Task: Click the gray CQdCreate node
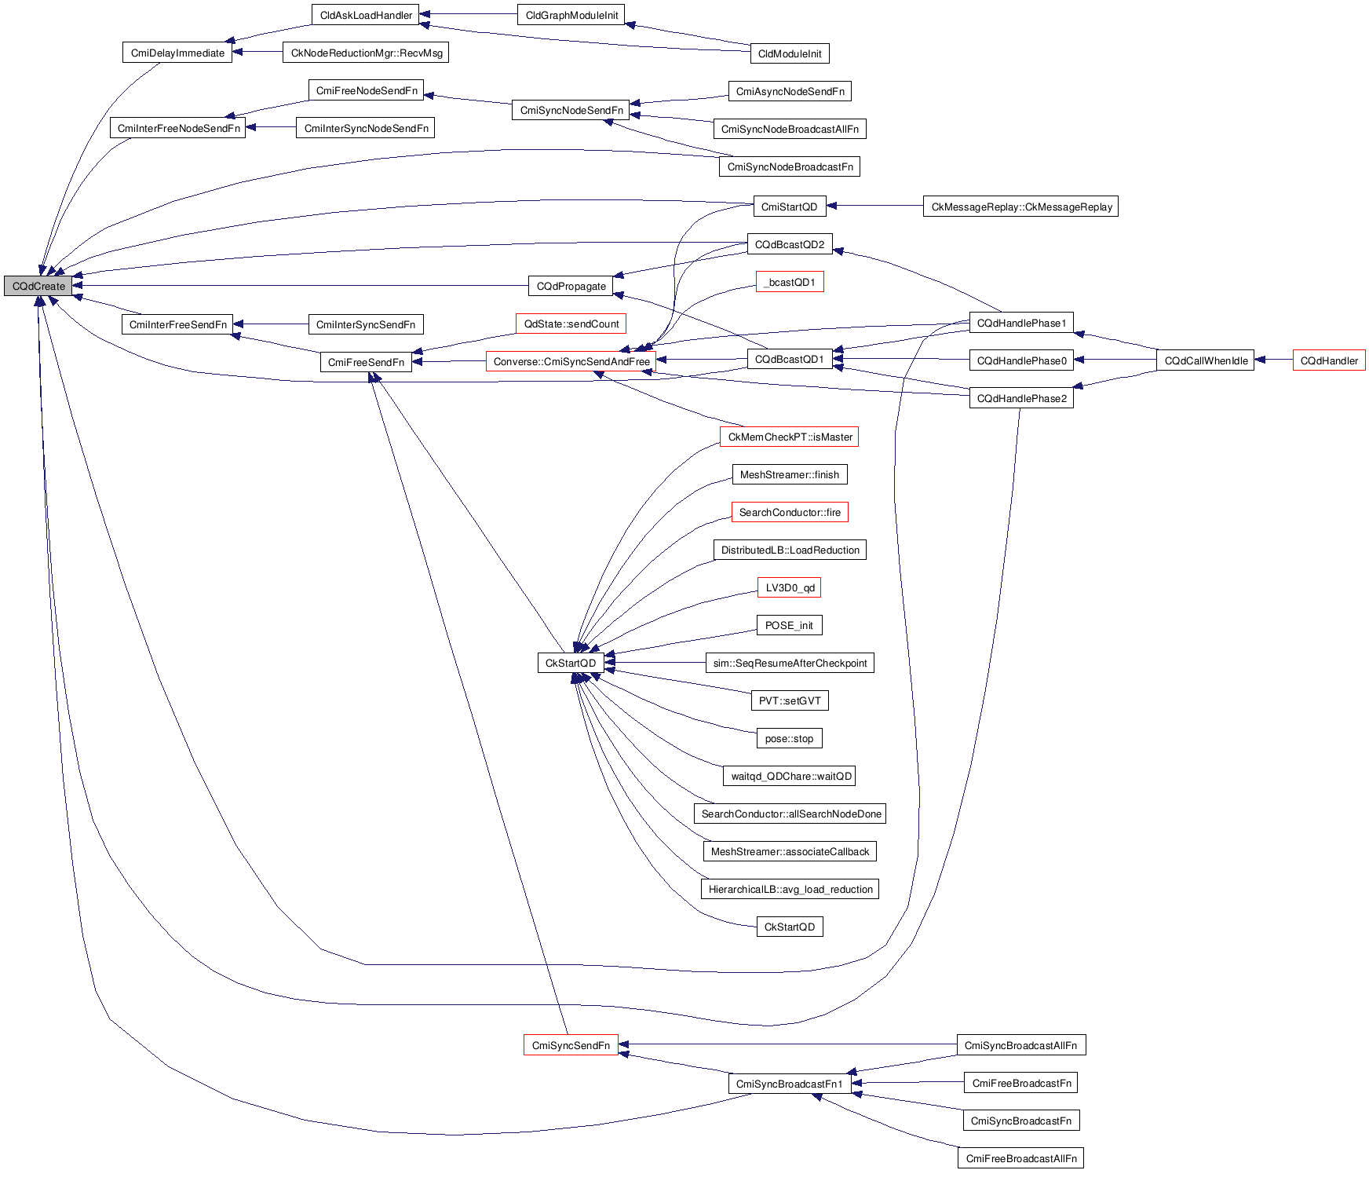tap(38, 286)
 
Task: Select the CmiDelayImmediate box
tap(177, 53)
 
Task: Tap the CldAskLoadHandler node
tap(366, 15)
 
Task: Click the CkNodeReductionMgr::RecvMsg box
tap(367, 53)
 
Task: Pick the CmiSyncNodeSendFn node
tap(571, 110)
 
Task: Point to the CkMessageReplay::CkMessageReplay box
tap(1020, 207)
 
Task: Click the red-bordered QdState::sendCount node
tap(571, 324)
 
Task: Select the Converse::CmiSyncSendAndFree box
tap(571, 361)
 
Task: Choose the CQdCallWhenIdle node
tap(1206, 360)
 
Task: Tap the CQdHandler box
tap(1329, 360)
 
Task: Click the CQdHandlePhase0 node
tap(1021, 360)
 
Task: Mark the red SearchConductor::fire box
tap(790, 512)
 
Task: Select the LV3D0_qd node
tap(790, 587)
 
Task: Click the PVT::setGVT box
tap(790, 700)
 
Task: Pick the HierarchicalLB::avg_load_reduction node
tap(790, 889)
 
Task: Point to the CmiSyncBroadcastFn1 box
tap(789, 1084)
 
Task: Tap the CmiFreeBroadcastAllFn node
tap(1020, 1158)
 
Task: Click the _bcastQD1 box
tap(790, 282)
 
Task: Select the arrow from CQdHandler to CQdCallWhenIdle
tap(1274, 360)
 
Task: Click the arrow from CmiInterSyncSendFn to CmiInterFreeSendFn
tap(272, 324)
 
